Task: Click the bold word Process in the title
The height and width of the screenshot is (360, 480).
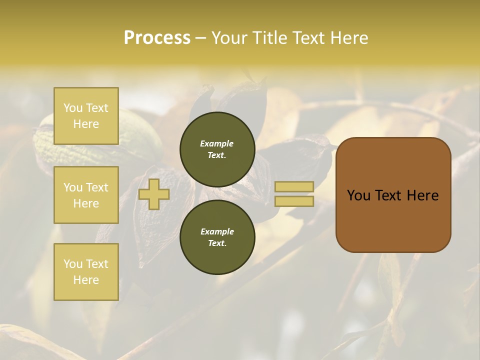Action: [x=157, y=37]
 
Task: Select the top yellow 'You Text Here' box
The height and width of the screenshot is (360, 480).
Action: [x=86, y=116]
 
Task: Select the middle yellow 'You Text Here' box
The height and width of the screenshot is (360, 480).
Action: [x=86, y=195]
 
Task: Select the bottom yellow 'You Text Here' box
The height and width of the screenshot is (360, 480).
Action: [x=86, y=271]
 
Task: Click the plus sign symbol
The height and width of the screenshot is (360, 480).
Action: [x=153, y=194]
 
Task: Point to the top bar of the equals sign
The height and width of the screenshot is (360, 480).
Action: [x=294, y=186]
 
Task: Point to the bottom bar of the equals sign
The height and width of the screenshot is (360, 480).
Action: [x=294, y=201]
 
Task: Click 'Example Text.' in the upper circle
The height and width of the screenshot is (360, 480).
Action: [x=217, y=149]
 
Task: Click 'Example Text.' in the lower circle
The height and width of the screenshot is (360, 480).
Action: [x=217, y=237]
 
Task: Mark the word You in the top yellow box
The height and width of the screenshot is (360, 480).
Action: [x=72, y=108]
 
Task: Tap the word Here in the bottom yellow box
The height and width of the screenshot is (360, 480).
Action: [x=86, y=280]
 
